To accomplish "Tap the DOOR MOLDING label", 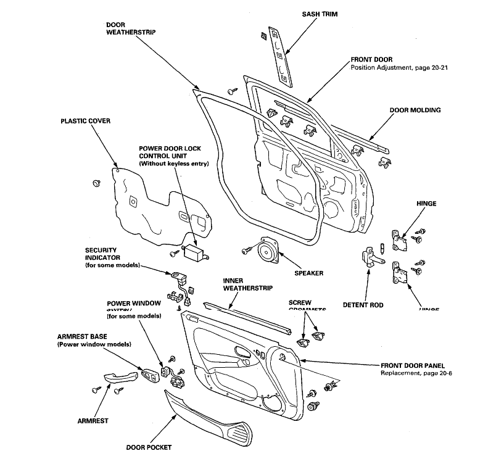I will click(x=415, y=110).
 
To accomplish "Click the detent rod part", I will click(x=370, y=257).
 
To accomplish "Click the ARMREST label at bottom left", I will click(x=93, y=421).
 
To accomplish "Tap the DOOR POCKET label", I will click(x=149, y=447).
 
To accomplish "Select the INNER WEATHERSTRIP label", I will click(x=248, y=284).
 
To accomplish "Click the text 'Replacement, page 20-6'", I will click(x=417, y=374).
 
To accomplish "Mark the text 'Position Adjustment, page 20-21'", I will click(x=399, y=67).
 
